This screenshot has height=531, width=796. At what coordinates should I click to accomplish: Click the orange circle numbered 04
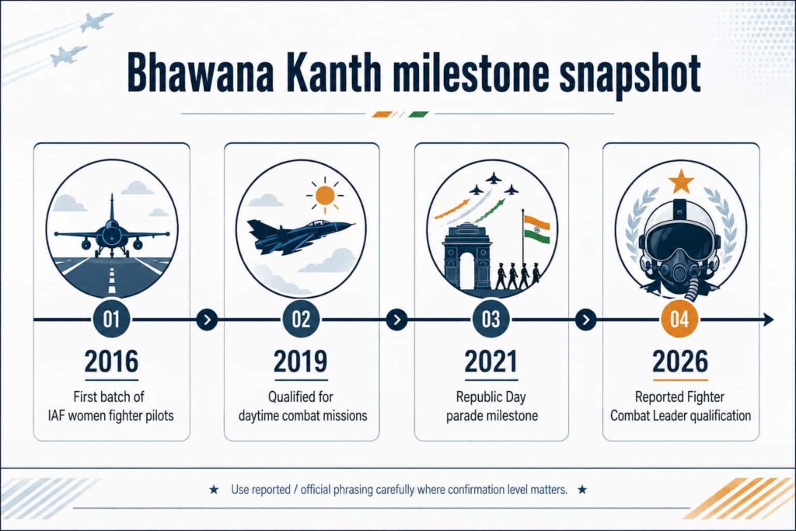(679, 320)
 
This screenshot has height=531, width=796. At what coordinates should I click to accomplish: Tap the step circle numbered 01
(112, 320)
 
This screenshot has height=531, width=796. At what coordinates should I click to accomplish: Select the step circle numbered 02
(301, 320)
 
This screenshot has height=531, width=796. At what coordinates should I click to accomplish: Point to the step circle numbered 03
(491, 320)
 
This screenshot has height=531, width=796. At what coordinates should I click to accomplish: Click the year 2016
(112, 362)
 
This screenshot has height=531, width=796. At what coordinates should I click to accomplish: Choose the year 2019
(301, 362)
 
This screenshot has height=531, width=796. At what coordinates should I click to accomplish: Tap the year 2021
(491, 362)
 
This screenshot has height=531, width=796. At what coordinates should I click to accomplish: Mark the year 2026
(680, 362)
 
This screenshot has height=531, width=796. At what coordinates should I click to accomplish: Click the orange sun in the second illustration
(325, 195)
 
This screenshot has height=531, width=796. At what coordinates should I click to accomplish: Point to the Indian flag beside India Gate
(536, 229)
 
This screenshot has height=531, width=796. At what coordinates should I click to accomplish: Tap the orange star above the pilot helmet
(681, 182)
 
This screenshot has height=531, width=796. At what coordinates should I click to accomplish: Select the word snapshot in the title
(630, 75)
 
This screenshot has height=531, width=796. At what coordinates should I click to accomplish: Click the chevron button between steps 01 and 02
(207, 320)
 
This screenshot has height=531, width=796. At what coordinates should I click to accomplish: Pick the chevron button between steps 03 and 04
(586, 320)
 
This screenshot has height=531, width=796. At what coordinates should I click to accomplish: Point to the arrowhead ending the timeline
(768, 320)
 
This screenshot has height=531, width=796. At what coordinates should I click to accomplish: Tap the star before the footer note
(215, 490)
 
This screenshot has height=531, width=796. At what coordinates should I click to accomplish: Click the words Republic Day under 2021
(491, 397)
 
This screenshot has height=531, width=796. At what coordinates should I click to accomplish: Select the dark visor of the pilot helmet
(680, 242)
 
